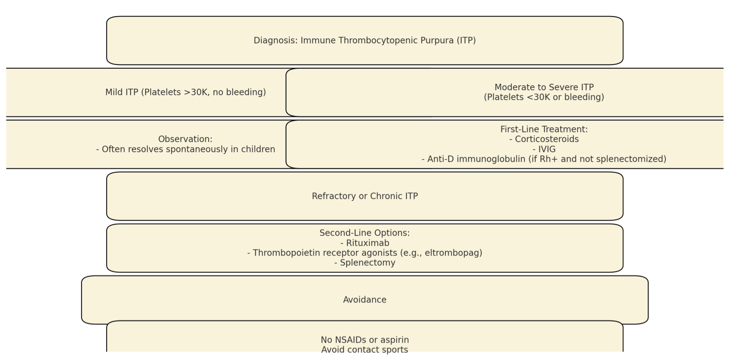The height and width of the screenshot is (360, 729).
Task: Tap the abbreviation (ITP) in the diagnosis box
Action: point(466,41)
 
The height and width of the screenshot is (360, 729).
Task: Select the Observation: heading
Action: point(185,139)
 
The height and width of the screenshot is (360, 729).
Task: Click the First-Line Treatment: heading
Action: point(544,129)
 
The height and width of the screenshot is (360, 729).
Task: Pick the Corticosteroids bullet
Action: point(544,139)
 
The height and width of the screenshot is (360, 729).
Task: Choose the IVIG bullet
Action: point(544,149)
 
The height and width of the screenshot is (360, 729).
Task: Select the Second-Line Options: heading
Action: point(364,233)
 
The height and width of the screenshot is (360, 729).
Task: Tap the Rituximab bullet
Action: point(364,243)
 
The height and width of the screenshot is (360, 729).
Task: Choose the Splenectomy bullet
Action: point(364,263)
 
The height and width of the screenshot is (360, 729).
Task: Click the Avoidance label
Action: point(364,300)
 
